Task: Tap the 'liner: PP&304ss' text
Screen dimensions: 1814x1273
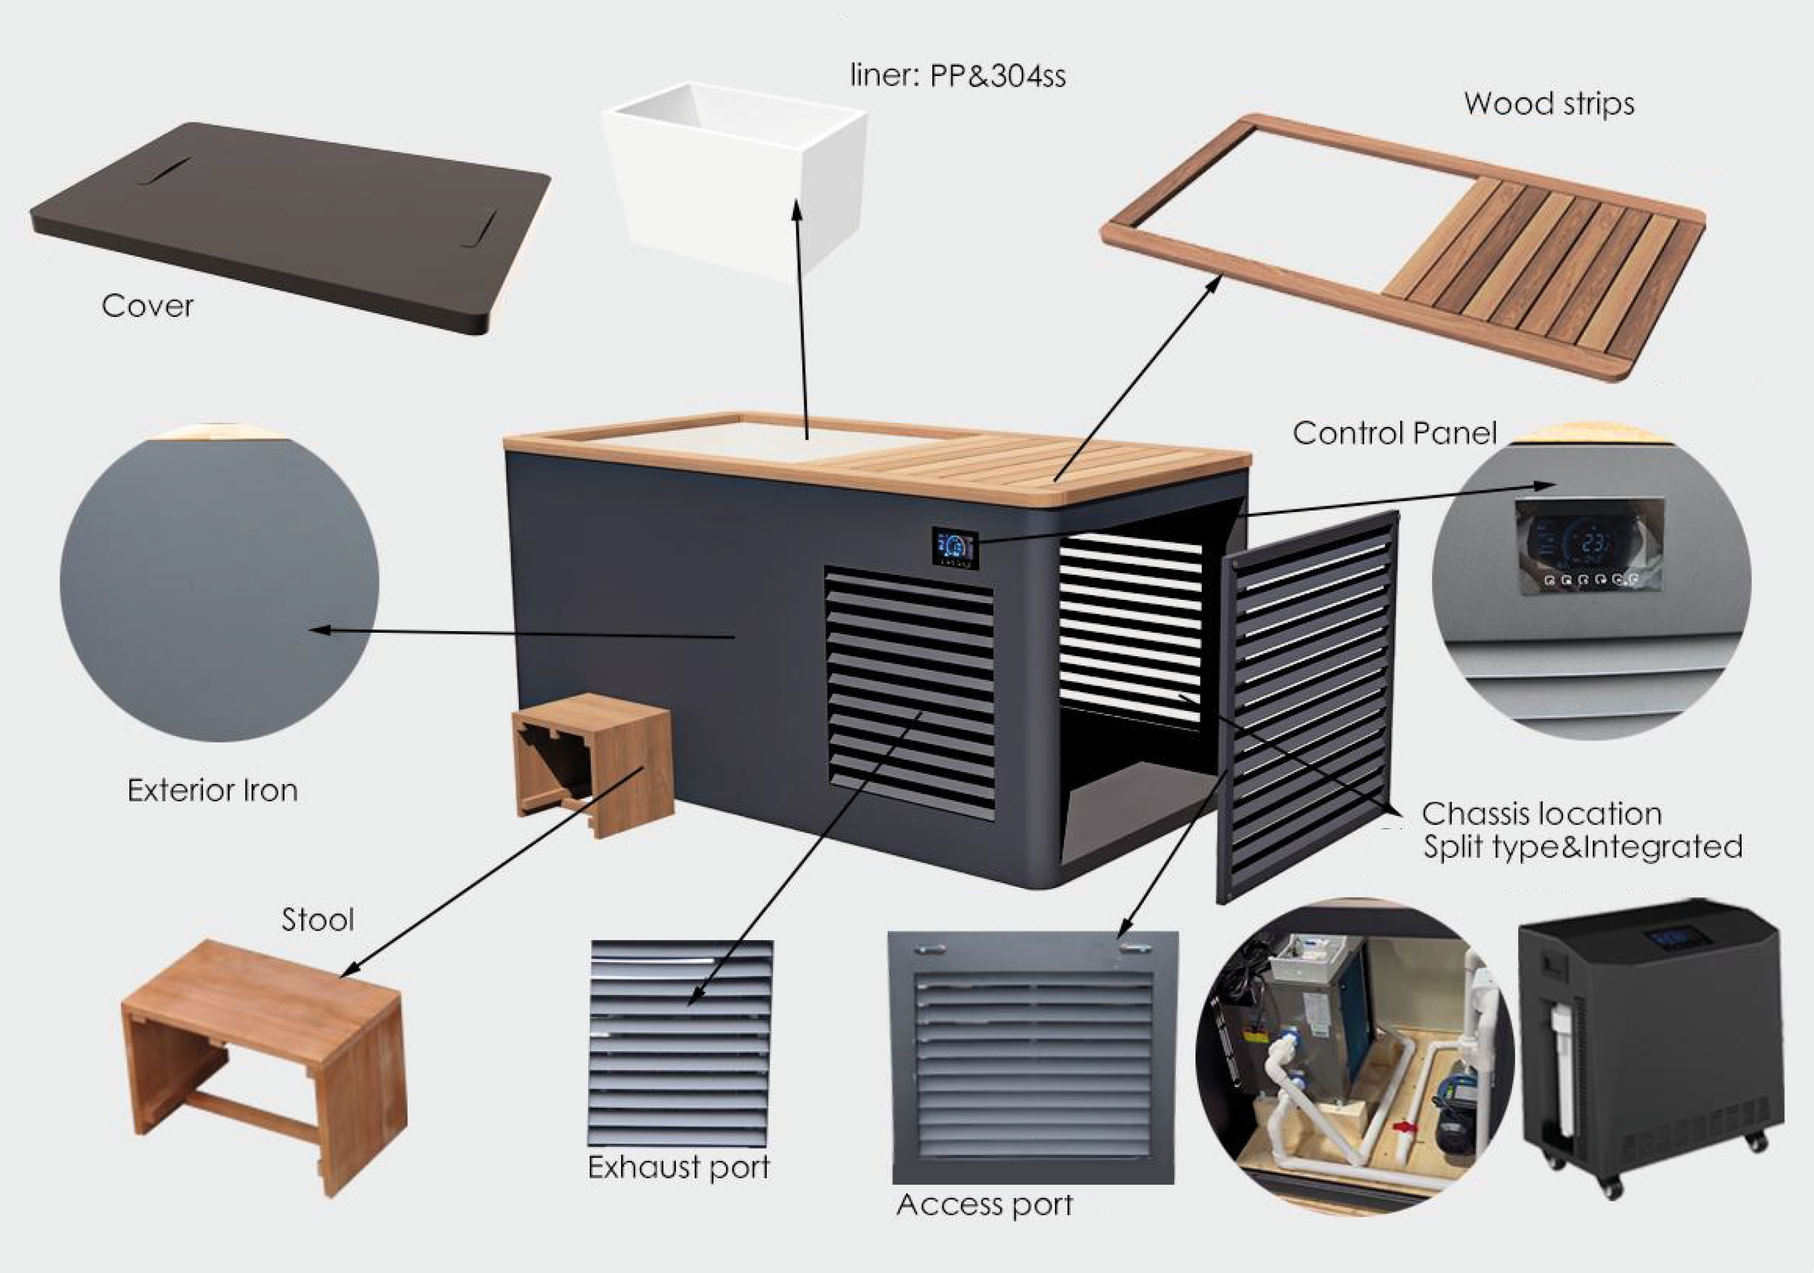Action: (958, 76)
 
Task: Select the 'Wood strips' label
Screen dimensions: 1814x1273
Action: (1549, 104)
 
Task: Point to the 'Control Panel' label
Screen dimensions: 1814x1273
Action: (1394, 433)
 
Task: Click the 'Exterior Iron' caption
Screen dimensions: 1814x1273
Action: (213, 790)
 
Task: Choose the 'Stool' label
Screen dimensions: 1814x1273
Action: (317, 920)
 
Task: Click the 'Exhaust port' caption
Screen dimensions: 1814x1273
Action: (679, 1168)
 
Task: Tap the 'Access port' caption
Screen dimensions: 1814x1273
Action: (984, 1205)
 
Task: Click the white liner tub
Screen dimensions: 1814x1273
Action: (735, 178)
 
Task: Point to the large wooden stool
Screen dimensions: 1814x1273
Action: (264, 1067)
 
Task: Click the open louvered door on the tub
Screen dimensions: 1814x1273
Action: (1308, 707)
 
